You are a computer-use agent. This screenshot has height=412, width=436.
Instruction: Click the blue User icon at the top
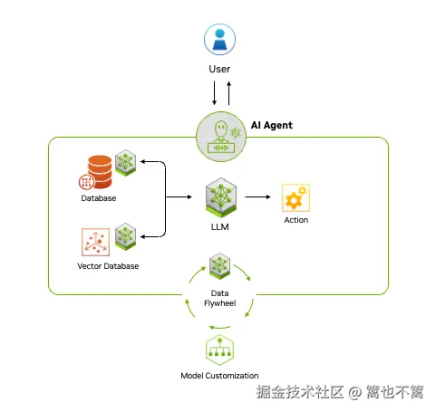218,39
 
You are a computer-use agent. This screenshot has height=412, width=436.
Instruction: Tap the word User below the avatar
218,69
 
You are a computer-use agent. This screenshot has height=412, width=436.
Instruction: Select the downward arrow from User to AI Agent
213,94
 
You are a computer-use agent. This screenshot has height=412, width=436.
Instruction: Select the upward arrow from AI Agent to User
228,94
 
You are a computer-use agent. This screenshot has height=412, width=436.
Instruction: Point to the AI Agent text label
271,125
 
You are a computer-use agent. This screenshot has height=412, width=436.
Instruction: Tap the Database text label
98,198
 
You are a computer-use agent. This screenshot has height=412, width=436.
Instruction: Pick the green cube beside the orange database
125,163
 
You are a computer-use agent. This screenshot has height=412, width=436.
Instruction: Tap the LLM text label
219,227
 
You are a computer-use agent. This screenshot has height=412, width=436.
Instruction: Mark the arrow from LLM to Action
258,196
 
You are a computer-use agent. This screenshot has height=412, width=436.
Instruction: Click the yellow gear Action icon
296,196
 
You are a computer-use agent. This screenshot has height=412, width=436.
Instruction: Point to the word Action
296,220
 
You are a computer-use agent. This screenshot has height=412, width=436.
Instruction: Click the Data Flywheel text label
219,299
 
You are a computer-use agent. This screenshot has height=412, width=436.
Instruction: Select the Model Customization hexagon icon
219,350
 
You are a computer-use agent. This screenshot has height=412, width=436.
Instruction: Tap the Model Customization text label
219,376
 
